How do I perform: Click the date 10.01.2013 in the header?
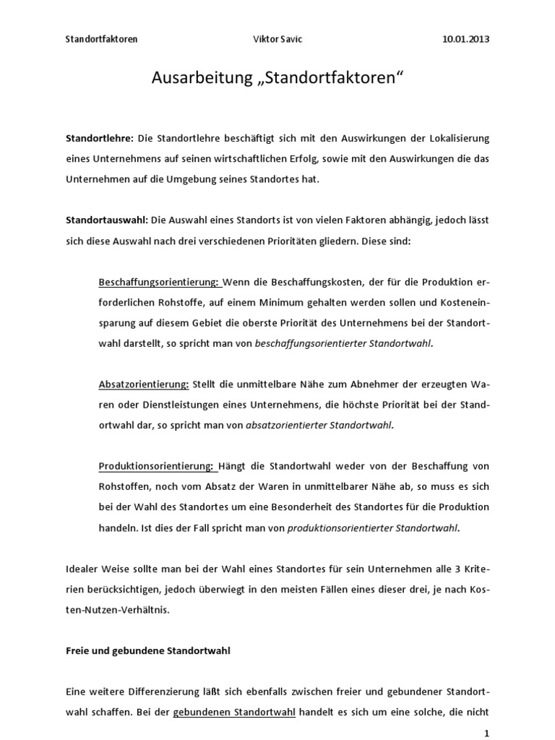465,39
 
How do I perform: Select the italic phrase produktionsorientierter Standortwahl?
372,528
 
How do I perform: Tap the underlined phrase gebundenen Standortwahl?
234,712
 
